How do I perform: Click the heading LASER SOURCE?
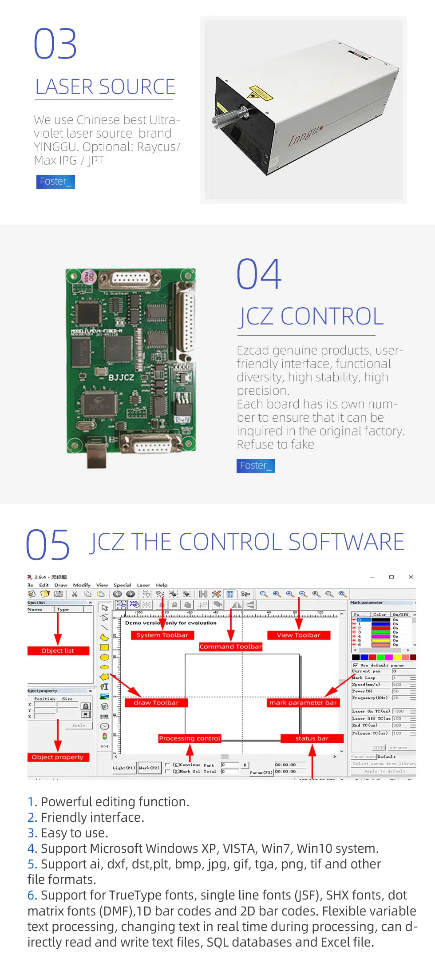105,87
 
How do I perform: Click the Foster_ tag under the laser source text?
55,182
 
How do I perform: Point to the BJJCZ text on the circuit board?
121,377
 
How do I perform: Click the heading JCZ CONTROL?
310,317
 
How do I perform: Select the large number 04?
259,274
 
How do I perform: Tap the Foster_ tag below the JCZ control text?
256,466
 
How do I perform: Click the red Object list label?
58,650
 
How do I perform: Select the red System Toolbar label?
162,635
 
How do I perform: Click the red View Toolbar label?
299,635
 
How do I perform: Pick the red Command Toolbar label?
230,646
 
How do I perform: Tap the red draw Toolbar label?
156,702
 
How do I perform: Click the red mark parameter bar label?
303,702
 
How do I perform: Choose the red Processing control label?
190,738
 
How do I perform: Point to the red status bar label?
312,738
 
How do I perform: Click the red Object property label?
58,757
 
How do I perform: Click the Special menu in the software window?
122,585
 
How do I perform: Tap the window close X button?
411,577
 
